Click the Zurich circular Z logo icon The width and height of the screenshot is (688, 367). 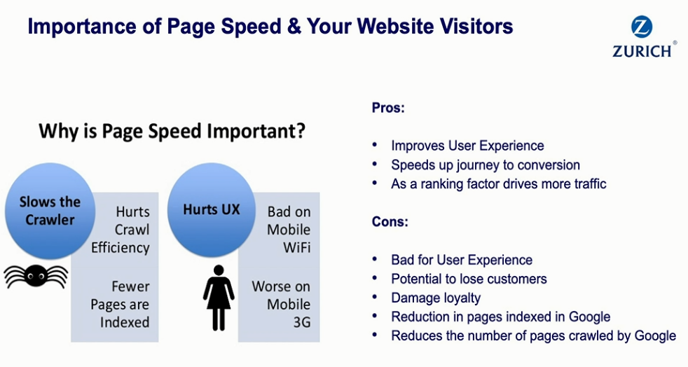(642, 27)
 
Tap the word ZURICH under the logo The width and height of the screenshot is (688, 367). (642, 51)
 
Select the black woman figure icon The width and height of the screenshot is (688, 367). (219, 298)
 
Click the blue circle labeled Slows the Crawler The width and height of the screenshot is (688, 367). (50, 211)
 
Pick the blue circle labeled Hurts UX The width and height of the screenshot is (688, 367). (212, 209)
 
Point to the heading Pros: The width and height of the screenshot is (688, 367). (388, 108)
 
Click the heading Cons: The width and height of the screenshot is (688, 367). (390, 221)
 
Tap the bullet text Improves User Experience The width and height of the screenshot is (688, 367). (468, 146)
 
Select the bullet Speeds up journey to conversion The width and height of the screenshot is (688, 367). (486, 165)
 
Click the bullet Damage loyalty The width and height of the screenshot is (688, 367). (436, 298)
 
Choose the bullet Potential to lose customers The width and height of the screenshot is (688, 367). (469, 279)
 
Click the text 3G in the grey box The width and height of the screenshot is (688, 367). (302, 322)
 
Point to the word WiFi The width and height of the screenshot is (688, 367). (297, 247)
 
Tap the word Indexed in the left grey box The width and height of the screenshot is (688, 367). (125, 322)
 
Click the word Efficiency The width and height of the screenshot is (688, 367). (121, 248)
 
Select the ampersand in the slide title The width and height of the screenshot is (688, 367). (294, 27)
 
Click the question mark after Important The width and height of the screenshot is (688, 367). (300, 131)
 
